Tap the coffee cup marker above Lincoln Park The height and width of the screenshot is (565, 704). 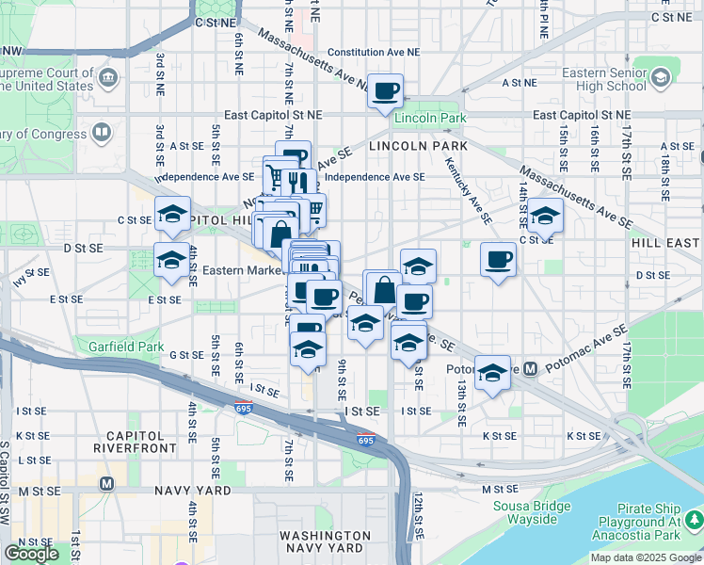385,91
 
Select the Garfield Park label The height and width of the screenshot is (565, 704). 126,347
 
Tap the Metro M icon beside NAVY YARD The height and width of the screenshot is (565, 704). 106,483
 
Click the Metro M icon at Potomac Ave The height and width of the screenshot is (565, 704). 530,369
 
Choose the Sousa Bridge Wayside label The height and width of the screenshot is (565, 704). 532,514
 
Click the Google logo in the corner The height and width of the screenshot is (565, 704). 32,554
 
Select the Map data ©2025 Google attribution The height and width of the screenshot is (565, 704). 647,557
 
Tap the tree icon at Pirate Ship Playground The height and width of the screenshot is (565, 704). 694,519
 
